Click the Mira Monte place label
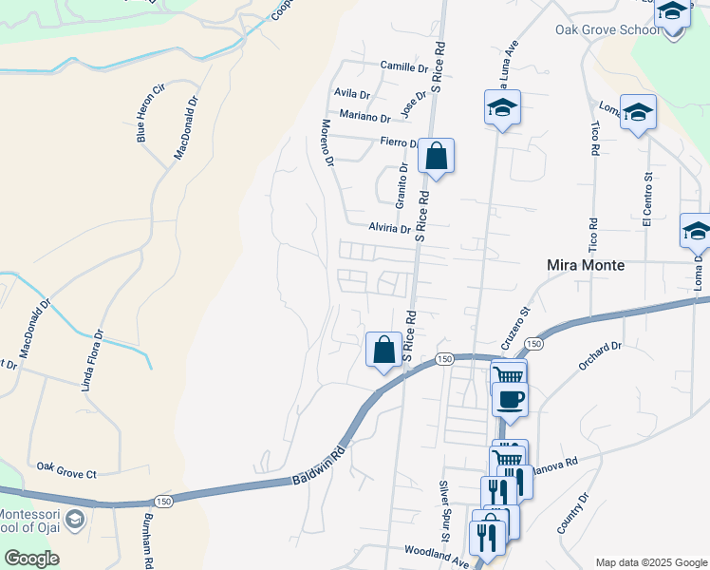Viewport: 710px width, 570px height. click(x=587, y=266)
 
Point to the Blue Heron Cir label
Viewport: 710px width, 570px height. click(x=151, y=113)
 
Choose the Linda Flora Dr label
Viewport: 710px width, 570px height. click(x=92, y=360)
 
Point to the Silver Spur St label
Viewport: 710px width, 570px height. click(x=442, y=505)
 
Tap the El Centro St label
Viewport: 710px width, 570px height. click(x=648, y=199)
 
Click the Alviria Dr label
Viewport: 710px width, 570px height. click(x=389, y=228)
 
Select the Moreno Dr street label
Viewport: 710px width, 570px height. click(x=327, y=143)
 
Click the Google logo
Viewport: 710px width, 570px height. click(x=31, y=559)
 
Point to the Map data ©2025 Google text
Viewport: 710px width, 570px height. click(x=650, y=562)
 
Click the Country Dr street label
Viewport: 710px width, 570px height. click(x=573, y=512)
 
